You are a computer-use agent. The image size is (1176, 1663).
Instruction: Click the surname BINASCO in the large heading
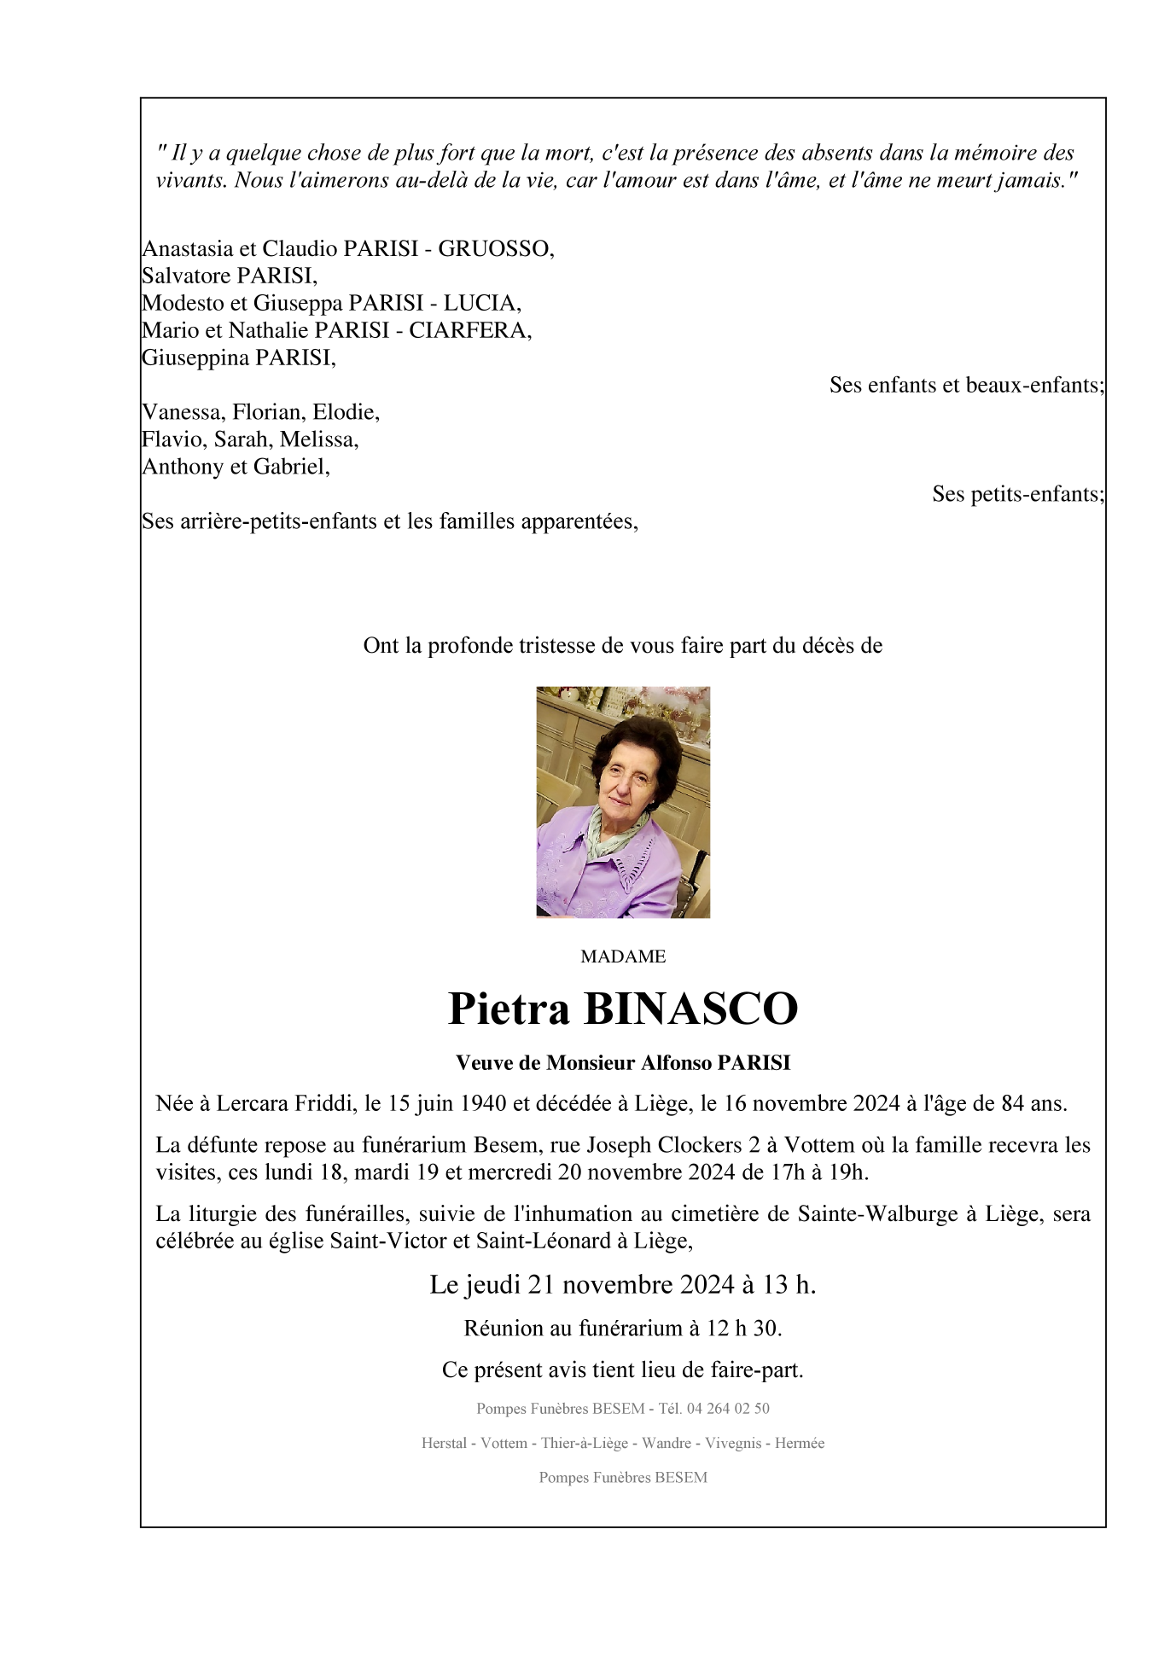click(x=690, y=1009)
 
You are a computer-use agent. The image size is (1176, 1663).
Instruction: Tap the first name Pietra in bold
click(x=509, y=1009)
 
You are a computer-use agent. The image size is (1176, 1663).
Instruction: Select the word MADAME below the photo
click(x=623, y=957)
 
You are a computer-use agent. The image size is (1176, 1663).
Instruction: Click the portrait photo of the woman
click(x=623, y=802)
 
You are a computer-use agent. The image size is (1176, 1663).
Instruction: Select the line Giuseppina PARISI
click(x=239, y=358)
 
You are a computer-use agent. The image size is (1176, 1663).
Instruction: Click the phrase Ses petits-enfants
click(x=1017, y=494)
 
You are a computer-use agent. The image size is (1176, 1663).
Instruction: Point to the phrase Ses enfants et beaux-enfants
click(x=966, y=385)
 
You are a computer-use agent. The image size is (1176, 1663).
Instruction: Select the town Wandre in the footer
click(x=666, y=1444)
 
